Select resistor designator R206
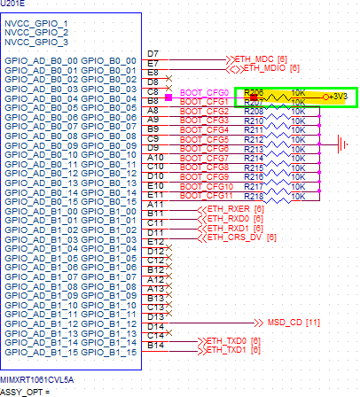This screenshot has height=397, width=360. click(x=253, y=92)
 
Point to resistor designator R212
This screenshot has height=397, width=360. click(x=253, y=139)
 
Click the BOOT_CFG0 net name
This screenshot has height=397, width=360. click(x=204, y=92)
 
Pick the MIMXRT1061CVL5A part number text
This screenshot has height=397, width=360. click(x=38, y=378)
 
